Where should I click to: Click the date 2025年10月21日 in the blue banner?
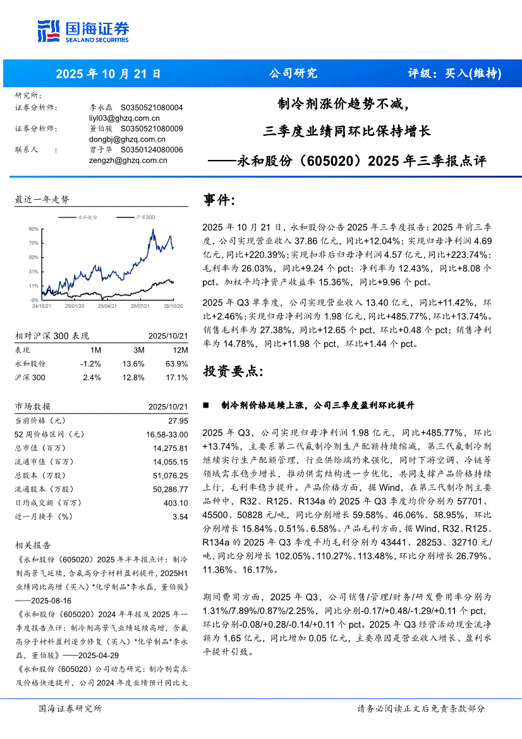109,74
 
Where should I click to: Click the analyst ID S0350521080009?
152,128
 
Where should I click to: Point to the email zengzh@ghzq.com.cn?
128,161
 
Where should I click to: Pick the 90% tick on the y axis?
33,228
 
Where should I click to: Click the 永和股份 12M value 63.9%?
177,364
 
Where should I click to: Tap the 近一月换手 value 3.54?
180,517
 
